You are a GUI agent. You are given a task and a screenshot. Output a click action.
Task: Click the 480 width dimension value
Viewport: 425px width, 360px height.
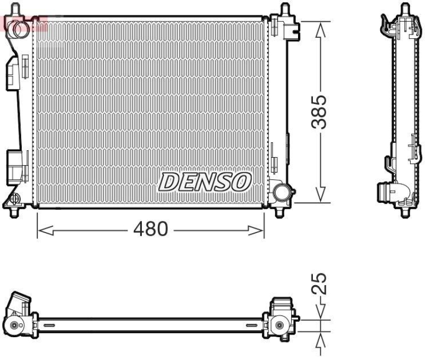(x=150, y=230)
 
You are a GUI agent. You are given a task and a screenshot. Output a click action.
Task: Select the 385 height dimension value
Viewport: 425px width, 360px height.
(x=319, y=112)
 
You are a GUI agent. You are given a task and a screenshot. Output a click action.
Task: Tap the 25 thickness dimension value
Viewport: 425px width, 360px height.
(x=319, y=284)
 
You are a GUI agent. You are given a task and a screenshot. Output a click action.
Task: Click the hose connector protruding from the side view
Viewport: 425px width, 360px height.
(x=384, y=192)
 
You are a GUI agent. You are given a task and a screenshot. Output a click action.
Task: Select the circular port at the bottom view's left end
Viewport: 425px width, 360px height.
(x=14, y=325)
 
